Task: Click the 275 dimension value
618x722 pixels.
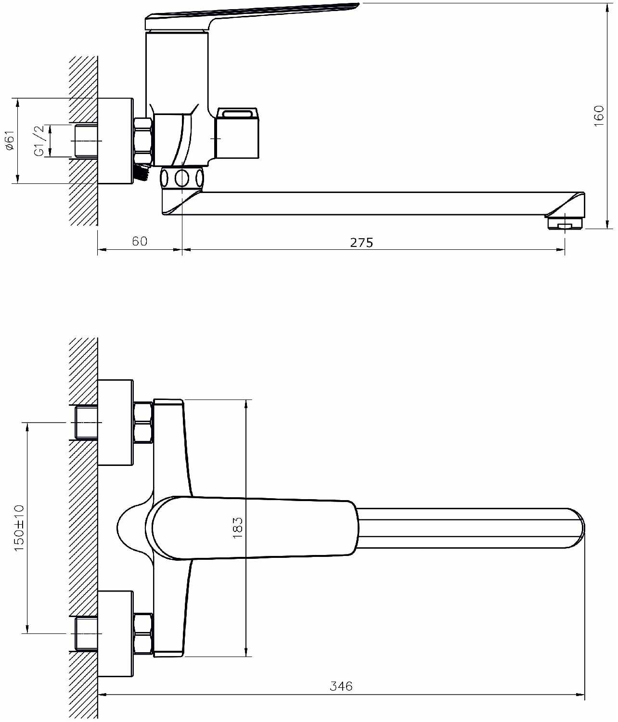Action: [x=361, y=242]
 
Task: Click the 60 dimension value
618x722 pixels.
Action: [x=140, y=241]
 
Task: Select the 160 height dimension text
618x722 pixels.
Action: [x=599, y=116]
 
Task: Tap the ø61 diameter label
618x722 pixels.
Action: [x=10, y=140]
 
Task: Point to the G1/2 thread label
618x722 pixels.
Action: [x=39, y=141]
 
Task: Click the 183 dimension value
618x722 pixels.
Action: [x=238, y=528]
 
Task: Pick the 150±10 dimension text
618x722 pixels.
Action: [x=19, y=528]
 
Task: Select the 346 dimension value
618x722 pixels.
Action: [x=341, y=686]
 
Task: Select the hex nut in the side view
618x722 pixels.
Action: [x=142, y=142]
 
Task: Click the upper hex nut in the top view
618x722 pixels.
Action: [x=143, y=422]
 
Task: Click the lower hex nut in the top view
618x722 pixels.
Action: [x=143, y=633]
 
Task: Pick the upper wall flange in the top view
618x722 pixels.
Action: [x=116, y=422]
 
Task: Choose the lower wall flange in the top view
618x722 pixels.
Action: [x=116, y=633]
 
